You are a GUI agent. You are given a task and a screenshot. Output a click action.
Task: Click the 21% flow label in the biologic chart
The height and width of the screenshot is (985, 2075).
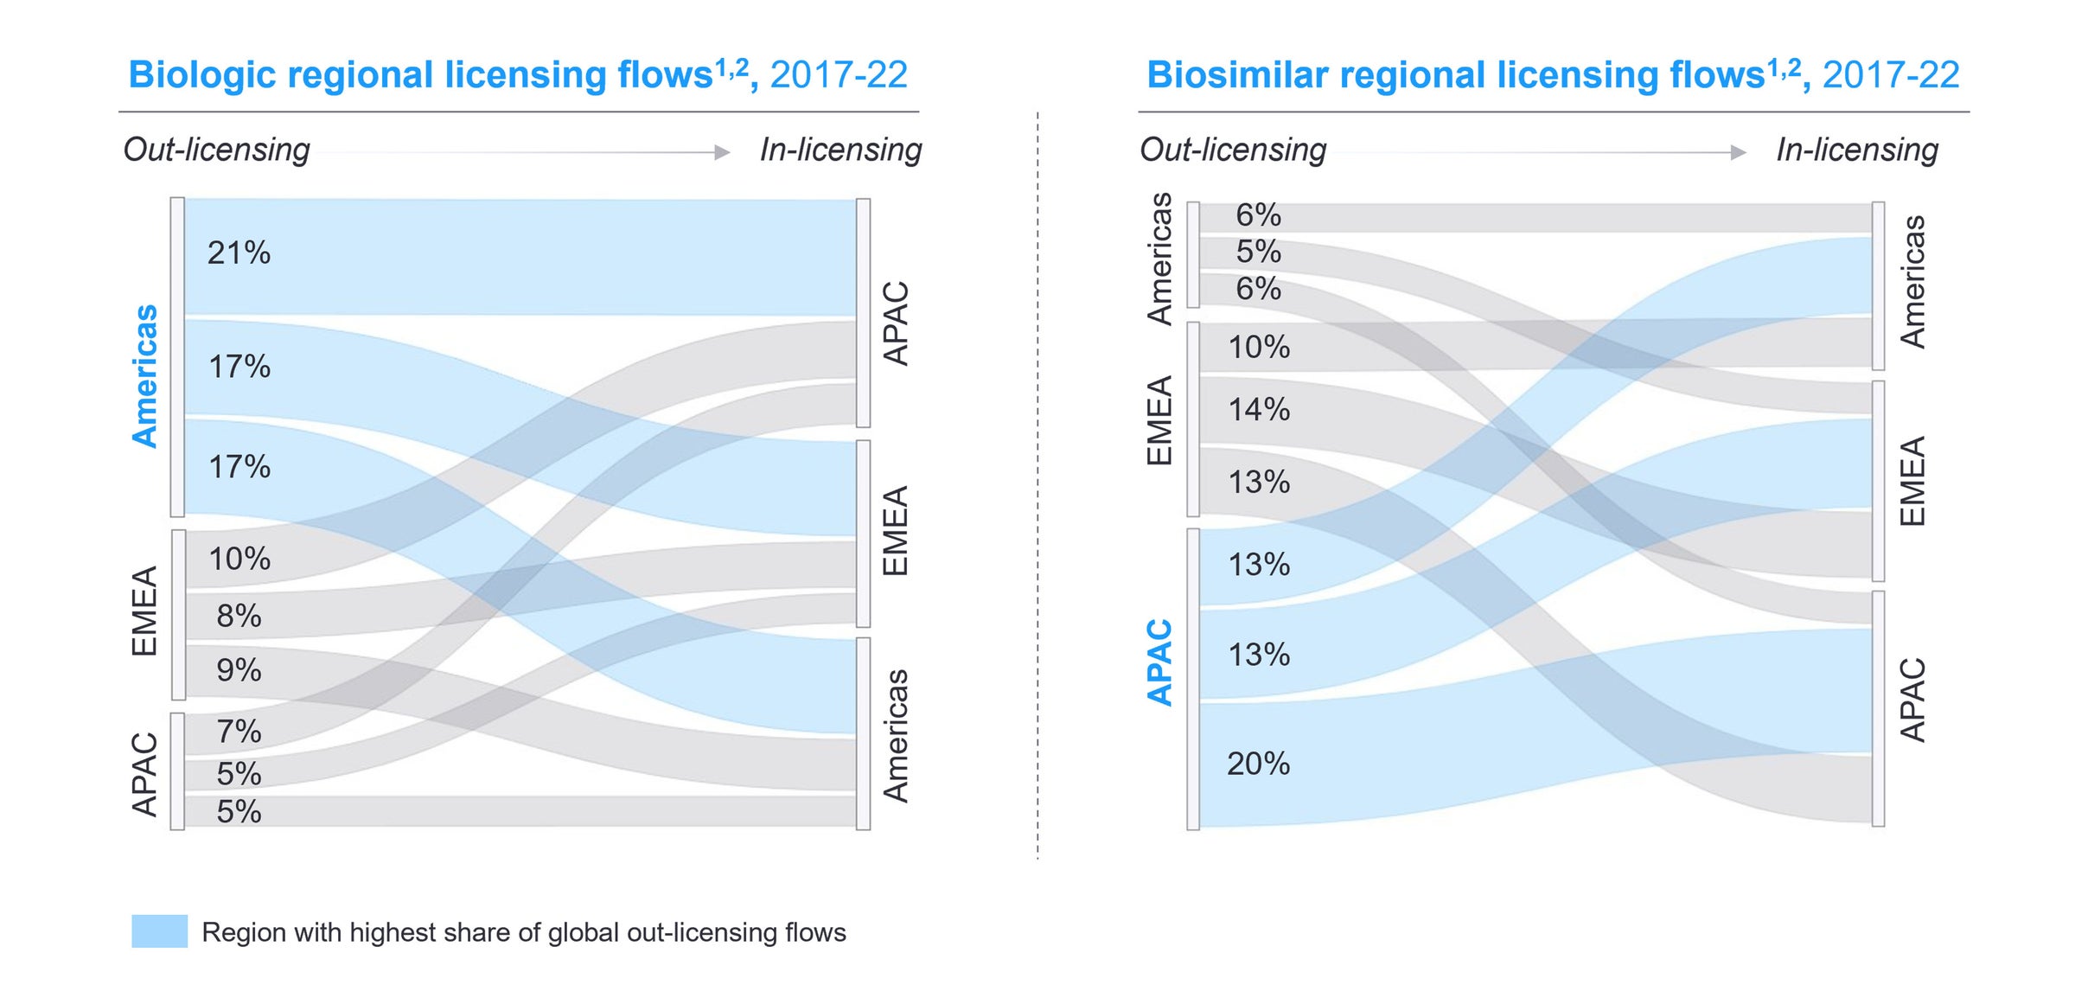(239, 253)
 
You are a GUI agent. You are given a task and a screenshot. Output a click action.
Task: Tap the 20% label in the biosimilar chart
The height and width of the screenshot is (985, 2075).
(1258, 764)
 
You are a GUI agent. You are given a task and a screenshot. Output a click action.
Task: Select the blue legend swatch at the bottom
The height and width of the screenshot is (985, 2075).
(159, 931)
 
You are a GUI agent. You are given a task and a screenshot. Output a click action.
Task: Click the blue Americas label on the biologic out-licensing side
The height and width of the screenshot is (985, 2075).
(145, 375)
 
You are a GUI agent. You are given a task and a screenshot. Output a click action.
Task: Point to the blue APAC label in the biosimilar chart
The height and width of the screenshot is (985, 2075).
(1159, 662)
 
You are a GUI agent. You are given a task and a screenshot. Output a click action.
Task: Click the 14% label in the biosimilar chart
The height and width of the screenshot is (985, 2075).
(1259, 409)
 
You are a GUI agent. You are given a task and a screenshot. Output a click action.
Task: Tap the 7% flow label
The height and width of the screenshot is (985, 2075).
(239, 732)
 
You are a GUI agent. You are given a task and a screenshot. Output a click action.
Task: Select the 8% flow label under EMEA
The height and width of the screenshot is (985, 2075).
(239, 616)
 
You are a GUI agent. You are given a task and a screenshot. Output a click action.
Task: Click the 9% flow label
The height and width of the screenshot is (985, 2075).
(239, 670)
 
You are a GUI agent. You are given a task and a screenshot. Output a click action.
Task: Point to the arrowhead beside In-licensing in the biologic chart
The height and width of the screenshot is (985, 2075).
(723, 152)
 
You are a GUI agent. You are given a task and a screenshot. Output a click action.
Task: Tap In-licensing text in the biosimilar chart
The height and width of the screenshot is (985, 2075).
(1857, 150)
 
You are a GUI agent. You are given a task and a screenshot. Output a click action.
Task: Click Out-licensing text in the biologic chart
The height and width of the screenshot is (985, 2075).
(216, 150)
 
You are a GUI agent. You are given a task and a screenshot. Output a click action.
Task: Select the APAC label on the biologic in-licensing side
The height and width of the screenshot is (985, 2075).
(896, 323)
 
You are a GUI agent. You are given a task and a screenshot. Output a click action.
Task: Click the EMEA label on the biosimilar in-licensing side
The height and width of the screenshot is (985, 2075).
(1912, 481)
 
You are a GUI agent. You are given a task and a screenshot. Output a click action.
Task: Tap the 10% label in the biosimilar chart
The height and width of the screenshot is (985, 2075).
(1259, 348)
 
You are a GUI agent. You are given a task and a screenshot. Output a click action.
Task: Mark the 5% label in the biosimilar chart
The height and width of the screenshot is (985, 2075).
(1258, 252)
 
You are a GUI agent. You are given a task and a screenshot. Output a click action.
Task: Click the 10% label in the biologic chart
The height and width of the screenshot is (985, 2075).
(239, 559)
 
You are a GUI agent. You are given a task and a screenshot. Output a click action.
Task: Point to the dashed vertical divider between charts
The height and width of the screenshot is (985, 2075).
(1037, 484)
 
